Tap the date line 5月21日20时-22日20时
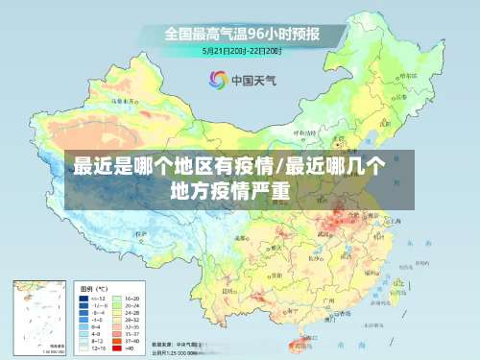[x=240, y=51]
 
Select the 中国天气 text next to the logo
[x=252, y=81]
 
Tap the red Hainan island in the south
[x=305, y=342]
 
